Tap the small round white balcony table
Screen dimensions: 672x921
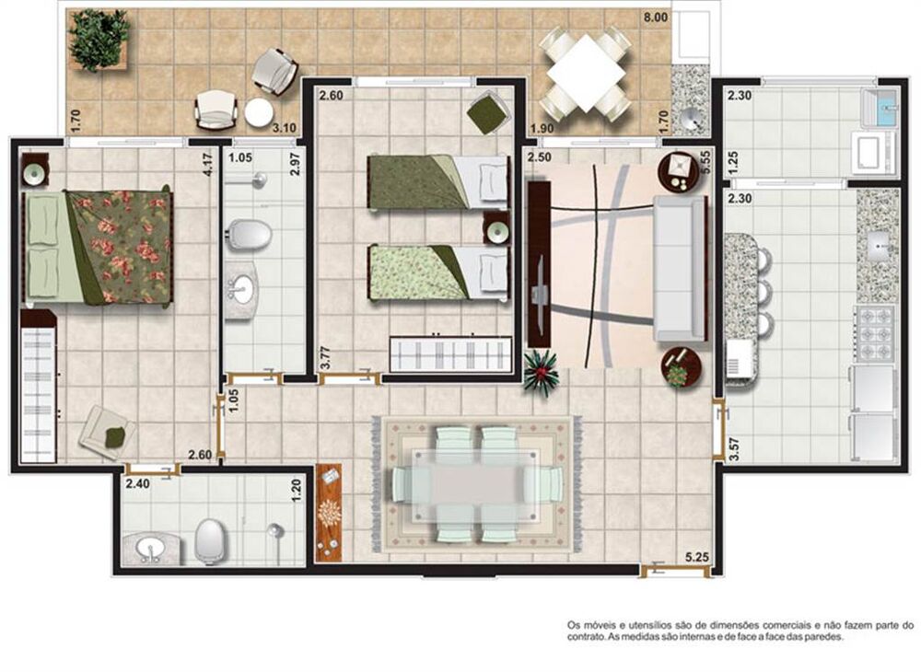coord(259,112)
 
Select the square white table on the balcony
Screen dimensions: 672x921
coord(585,70)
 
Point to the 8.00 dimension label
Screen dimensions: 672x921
coord(655,17)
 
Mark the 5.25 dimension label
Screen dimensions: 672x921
coord(697,556)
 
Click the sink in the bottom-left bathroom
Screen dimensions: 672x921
coord(149,550)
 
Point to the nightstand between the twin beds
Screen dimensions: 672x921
coord(496,226)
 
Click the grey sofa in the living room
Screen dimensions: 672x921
coord(679,267)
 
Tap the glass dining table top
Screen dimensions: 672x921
coord(477,483)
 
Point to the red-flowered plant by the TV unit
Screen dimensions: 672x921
coord(542,373)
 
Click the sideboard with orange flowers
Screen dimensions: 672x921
coord(328,511)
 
